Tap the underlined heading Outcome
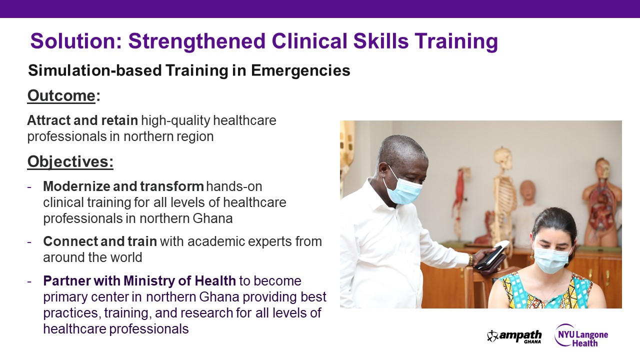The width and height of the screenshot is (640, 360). [x=61, y=95]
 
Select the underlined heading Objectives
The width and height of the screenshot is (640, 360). [x=70, y=161]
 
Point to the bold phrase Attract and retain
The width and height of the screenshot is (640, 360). [x=82, y=120]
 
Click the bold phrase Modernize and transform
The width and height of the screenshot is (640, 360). [x=123, y=187]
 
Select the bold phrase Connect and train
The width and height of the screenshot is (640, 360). [x=100, y=242]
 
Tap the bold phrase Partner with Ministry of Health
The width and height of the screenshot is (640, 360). [x=139, y=281]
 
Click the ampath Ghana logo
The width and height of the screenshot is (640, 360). [x=514, y=336]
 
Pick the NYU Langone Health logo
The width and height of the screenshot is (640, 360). [x=581, y=335]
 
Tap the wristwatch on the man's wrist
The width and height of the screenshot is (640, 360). [x=470, y=260]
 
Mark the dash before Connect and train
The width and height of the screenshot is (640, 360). [x=30, y=242]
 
